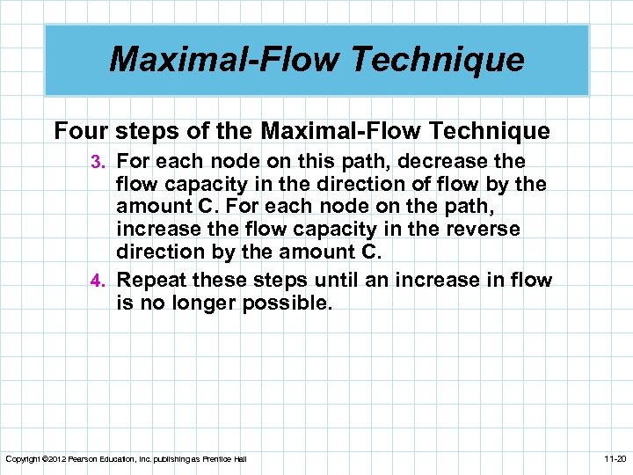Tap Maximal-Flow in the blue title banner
(222, 60)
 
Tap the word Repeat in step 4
(150, 281)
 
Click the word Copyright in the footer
(24, 459)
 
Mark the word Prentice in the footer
(217, 459)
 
